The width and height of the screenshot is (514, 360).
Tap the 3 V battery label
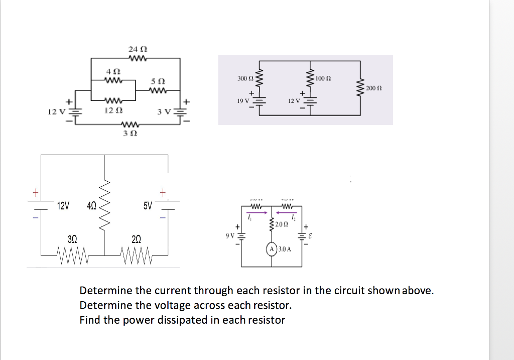165,111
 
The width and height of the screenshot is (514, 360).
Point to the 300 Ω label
243,79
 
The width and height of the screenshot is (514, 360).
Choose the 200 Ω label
374,88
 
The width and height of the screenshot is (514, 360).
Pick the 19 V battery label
243,101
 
